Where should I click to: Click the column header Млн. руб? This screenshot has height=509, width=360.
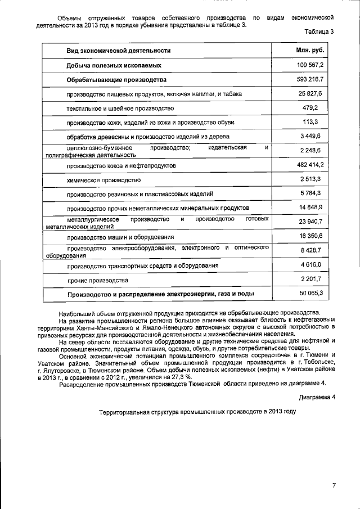tap(310, 51)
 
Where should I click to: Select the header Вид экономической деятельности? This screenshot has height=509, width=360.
tap(118, 51)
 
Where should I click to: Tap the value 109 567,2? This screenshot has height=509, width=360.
tap(310, 65)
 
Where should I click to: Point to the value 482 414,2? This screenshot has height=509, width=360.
tap(310, 165)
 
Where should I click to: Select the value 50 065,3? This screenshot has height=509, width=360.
tap(310, 294)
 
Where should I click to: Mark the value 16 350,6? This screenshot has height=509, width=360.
tap(310, 236)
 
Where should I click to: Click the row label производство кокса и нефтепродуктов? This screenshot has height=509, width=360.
tap(121, 165)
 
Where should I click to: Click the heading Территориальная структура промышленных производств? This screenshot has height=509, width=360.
tap(197, 412)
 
